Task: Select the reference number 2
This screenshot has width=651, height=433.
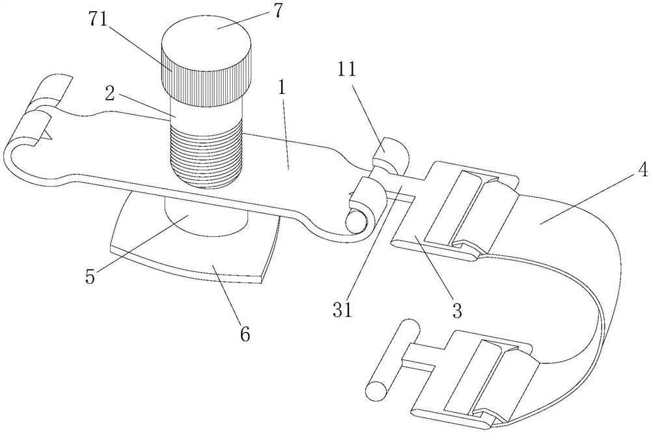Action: (x=109, y=93)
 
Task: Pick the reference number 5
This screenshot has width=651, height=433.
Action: (x=90, y=276)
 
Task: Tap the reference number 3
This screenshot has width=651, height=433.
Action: (x=457, y=310)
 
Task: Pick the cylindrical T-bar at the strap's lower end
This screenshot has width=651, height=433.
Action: (x=392, y=361)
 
